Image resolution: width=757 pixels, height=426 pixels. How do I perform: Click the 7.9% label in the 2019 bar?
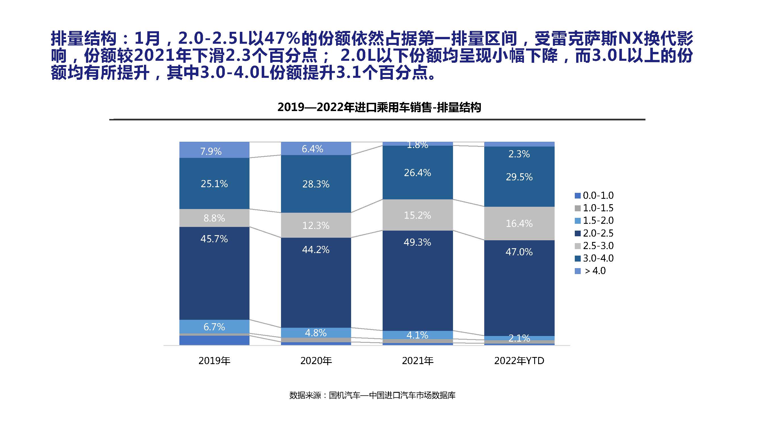[211, 151]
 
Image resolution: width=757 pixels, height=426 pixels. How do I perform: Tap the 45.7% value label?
[214, 239]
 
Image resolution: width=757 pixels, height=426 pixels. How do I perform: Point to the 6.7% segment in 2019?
[214, 327]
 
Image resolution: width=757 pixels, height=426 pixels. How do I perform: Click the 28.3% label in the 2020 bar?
[316, 184]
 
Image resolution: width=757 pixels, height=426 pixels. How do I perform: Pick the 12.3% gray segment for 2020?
[316, 225]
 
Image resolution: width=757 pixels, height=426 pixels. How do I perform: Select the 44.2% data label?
[316, 250]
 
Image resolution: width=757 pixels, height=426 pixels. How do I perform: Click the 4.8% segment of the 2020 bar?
[316, 333]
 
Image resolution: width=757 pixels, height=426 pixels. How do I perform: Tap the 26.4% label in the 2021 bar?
[418, 173]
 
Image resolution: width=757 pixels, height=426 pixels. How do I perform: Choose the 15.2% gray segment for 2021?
[418, 215]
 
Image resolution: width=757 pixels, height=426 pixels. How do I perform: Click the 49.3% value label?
[418, 242]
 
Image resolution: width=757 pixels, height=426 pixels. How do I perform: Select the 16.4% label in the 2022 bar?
[519, 224]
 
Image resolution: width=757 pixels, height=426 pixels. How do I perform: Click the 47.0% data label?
[519, 252]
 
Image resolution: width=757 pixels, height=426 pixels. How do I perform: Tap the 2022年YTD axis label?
[519, 361]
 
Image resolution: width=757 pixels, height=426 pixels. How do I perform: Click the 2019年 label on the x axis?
[214, 361]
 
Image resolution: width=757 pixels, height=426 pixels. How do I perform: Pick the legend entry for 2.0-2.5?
[594, 233]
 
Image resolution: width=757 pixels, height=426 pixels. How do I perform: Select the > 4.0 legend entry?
[591, 271]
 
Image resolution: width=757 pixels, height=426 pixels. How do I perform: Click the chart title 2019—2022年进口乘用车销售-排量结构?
[379, 108]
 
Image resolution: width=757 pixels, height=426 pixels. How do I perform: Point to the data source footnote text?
[372, 395]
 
